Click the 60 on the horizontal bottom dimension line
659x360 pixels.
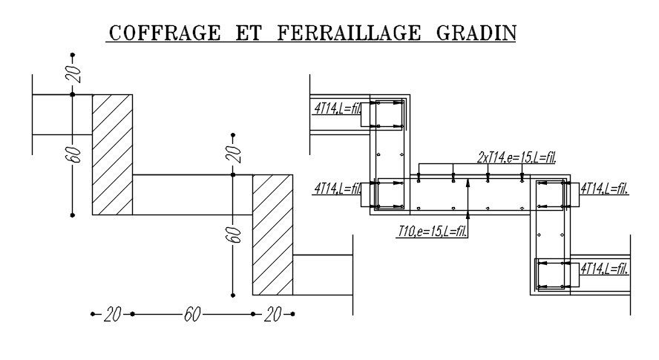[x=191, y=315]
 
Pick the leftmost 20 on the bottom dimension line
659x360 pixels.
[x=112, y=315]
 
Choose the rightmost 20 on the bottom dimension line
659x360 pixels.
[x=272, y=315]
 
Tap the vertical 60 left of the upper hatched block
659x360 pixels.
[x=73, y=154]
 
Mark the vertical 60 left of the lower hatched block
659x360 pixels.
[x=234, y=235]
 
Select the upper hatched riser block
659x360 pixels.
[x=112, y=154]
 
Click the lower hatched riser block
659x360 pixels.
[x=272, y=235]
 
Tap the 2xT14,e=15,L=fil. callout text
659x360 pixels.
[x=516, y=157]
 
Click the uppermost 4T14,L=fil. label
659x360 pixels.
[x=337, y=108]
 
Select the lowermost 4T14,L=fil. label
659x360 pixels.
[x=604, y=269]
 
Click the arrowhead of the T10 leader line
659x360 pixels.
[x=468, y=182]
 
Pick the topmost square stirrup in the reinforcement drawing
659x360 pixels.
[x=388, y=114]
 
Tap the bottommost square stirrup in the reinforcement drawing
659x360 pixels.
[x=552, y=275]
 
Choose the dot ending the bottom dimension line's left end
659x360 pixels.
[x=93, y=314]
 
